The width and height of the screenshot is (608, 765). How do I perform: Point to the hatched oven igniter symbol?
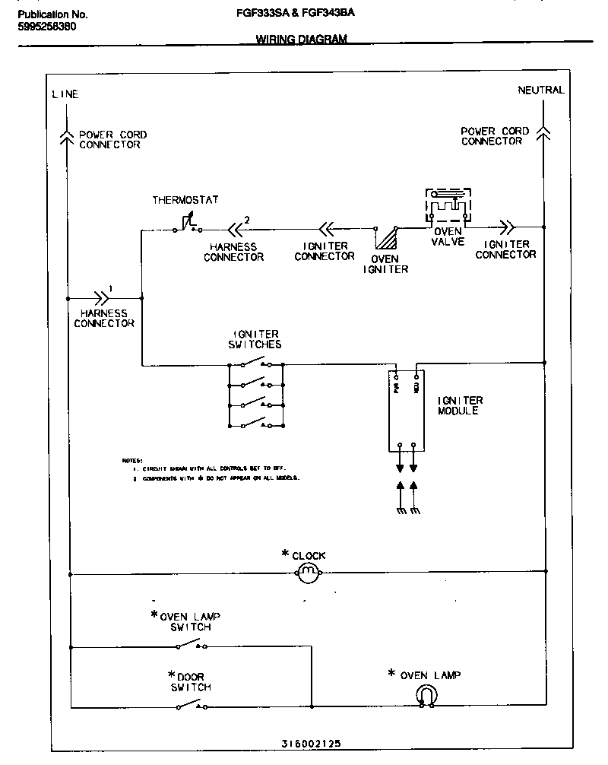coord(389,237)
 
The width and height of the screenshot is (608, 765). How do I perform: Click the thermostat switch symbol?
coord(187,224)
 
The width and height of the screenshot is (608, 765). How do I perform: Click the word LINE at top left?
coord(65,94)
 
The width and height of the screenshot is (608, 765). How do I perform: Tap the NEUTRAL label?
coord(541,90)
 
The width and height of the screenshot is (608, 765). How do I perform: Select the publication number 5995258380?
coord(46,26)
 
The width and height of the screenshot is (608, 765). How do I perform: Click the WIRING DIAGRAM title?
coord(301,40)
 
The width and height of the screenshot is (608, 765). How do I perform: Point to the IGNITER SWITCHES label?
coord(255,339)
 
